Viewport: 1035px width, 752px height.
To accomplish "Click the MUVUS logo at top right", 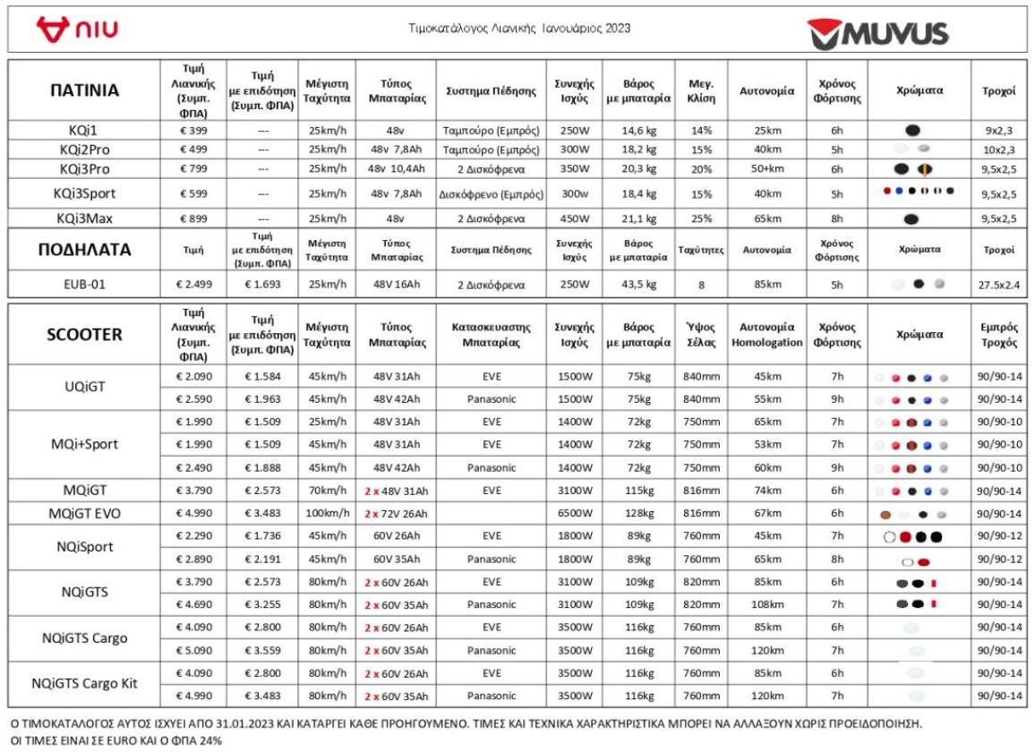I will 877,34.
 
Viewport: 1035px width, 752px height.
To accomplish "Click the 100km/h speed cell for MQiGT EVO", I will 327,513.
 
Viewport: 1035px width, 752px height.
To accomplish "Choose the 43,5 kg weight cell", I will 638,285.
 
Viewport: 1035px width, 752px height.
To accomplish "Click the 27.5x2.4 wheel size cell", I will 998,285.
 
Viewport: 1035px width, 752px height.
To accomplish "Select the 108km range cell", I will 766,604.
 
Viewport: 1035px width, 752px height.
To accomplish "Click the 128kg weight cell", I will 638,513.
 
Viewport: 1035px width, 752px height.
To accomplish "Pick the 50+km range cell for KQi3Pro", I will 766,168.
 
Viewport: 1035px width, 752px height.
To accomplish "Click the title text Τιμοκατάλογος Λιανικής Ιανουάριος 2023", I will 518,29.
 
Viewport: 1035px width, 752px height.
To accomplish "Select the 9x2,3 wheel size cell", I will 998,130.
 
